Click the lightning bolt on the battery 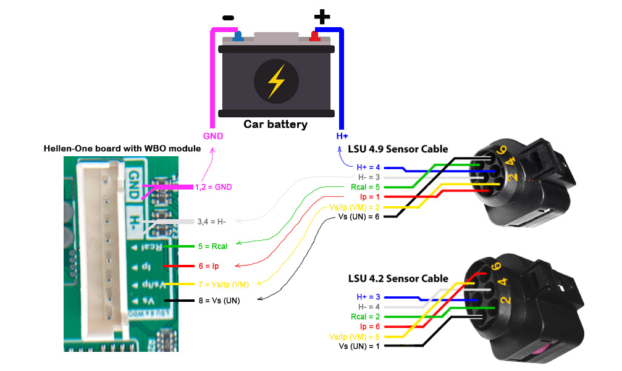click(276, 80)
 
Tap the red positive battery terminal click(314, 36)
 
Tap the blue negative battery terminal click(238, 36)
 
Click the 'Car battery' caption click(275, 124)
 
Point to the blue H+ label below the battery click(342, 136)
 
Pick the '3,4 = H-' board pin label click(212, 221)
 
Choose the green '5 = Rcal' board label click(213, 246)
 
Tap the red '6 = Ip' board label click(209, 266)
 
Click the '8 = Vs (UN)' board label click(218, 301)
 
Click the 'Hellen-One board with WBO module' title click(122, 149)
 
